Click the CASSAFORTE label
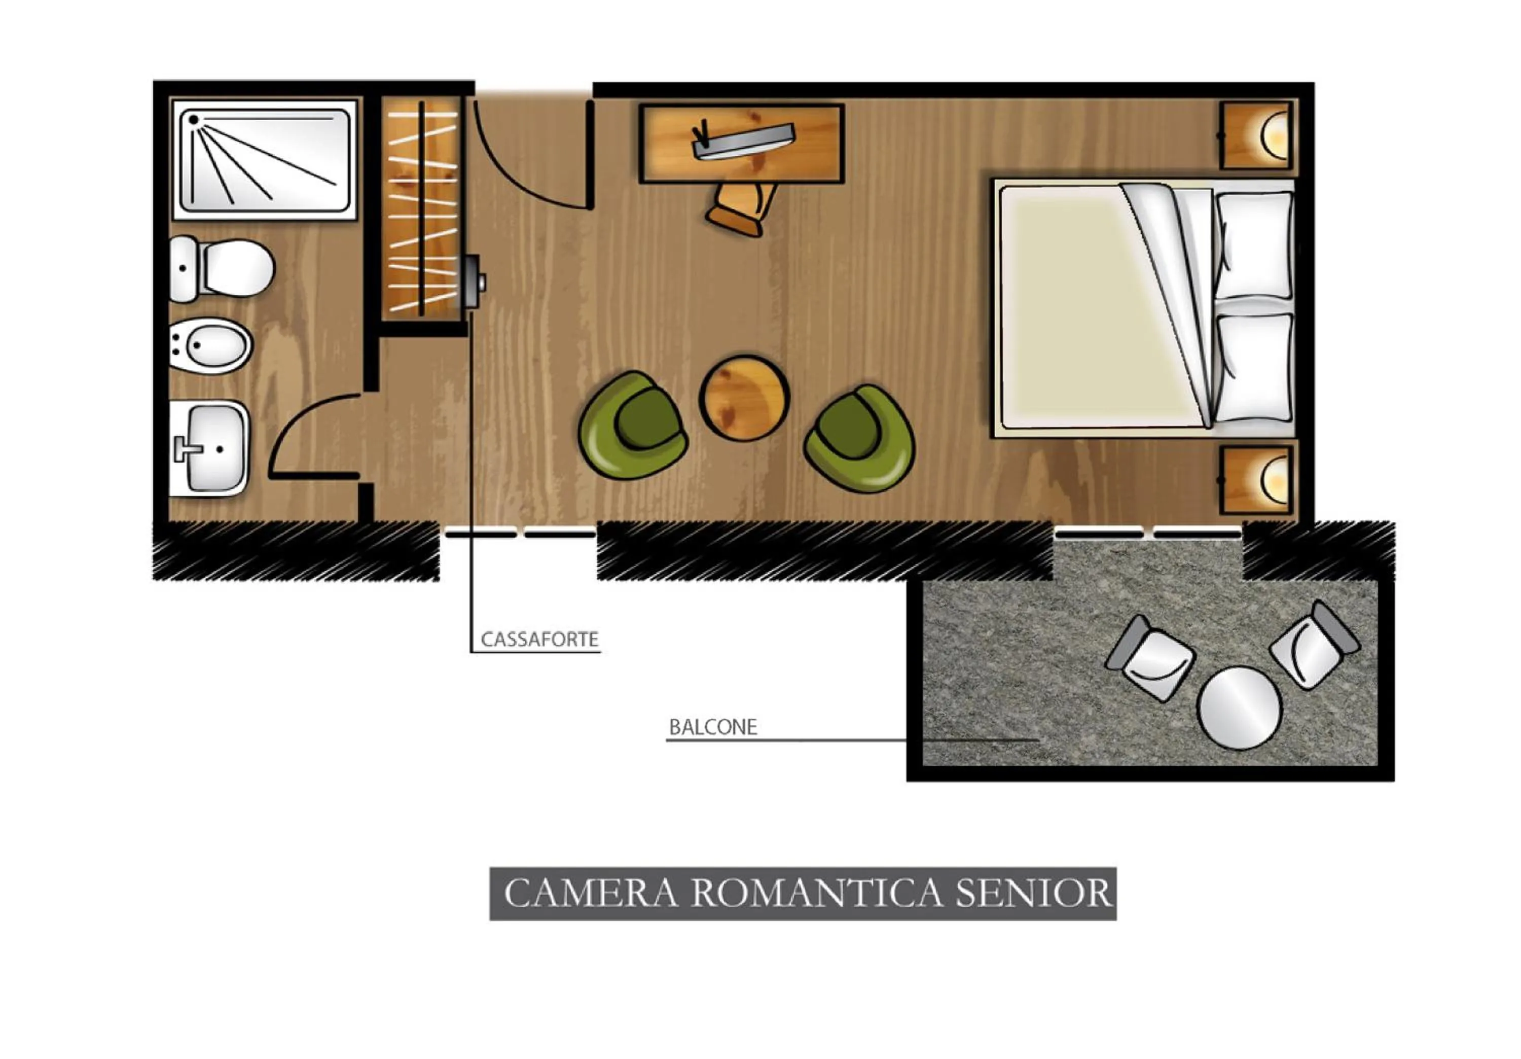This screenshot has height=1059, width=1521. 539,640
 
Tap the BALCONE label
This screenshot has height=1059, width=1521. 713,728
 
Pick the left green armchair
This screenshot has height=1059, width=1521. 633,425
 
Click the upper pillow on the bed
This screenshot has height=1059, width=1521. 1255,245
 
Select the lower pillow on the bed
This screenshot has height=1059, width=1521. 1255,368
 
